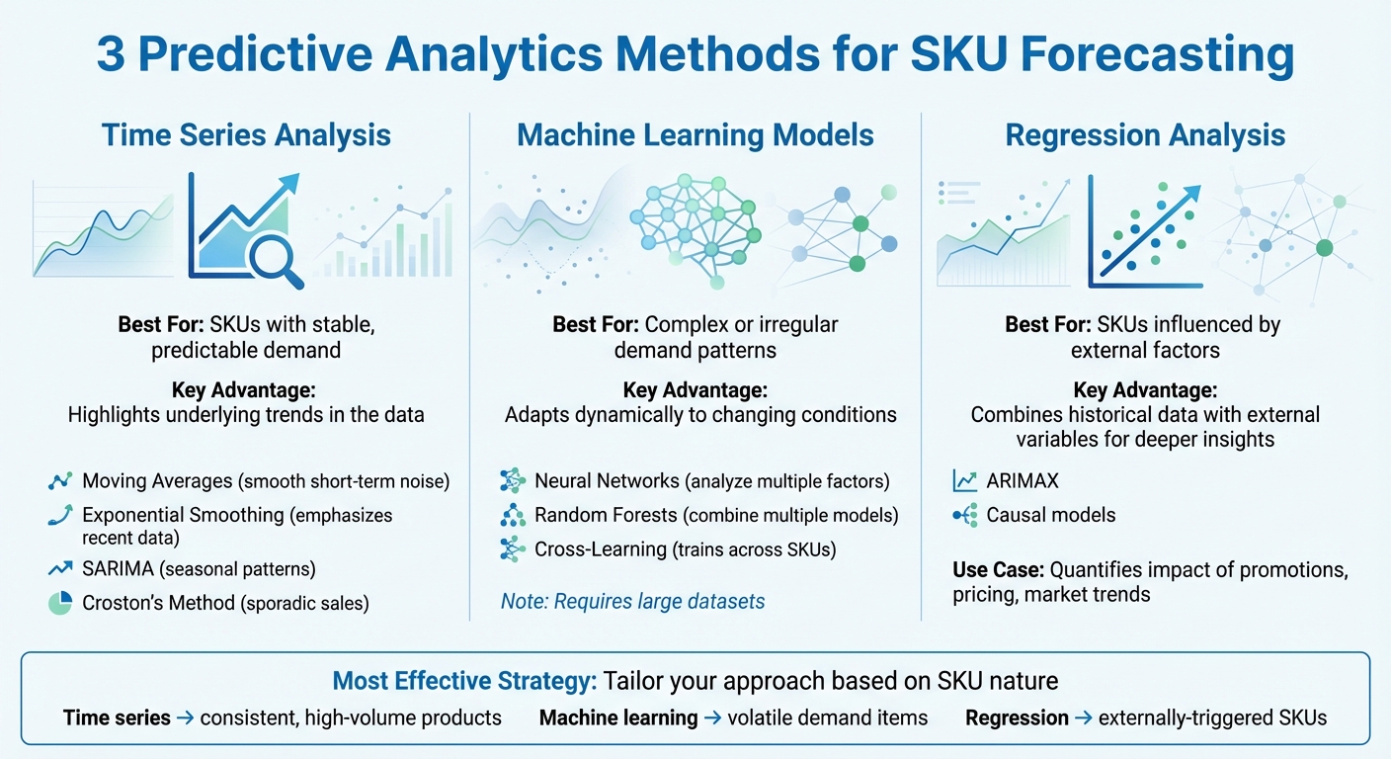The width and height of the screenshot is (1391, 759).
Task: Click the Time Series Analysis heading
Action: click(246, 135)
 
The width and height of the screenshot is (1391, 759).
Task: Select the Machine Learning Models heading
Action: click(695, 135)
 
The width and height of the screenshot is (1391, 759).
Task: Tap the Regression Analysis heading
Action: click(1145, 135)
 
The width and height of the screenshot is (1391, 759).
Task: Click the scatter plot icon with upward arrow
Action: click(1146, 230)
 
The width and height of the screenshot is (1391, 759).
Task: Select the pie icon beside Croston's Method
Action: click(60, 603)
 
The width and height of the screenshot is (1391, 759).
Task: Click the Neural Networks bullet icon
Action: click(513, 481)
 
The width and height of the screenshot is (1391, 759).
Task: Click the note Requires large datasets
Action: click(632, 600)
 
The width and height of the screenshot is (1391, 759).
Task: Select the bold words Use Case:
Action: click(997, 570)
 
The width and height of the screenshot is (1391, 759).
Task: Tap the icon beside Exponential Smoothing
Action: click(60, 515)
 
